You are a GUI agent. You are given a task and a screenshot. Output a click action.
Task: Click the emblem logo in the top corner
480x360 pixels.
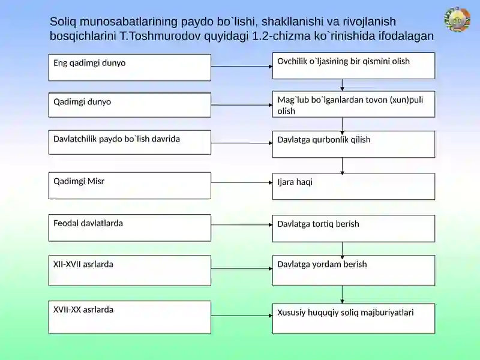(x=457, y=19)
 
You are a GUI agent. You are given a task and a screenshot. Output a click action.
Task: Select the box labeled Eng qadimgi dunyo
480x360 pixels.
(x=130, y=67)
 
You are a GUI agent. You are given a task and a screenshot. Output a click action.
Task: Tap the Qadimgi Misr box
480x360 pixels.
(x=130, y=185)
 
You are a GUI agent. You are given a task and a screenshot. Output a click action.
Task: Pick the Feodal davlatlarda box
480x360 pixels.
(x=130, y=228)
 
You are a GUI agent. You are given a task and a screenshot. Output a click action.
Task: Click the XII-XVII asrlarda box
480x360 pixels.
(x=130, y=271)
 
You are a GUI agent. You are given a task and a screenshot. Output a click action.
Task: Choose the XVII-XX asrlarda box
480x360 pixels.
(x=130, y=317)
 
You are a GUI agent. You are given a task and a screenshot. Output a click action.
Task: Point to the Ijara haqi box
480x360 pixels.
(x=353, y=187)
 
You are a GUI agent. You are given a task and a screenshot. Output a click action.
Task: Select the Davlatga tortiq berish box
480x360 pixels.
(x=353, y=229)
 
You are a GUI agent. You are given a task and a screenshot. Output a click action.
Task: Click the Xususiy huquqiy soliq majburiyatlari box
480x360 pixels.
(x=353, y=319)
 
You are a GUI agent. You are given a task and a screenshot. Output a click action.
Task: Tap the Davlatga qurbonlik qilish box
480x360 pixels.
(x=353, y=144)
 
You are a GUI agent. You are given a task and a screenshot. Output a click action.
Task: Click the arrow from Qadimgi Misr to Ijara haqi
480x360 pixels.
(x=242, y=183)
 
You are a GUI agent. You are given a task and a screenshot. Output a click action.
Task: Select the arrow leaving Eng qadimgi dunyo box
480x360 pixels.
(x=242, y=67)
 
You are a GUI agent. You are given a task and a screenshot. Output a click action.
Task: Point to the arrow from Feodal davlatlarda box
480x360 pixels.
(x=242, y=224)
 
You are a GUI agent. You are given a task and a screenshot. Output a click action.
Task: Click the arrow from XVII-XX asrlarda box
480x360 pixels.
(x=242, y=316)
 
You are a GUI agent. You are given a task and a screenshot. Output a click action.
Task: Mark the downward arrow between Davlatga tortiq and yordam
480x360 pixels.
(x=342, y=248)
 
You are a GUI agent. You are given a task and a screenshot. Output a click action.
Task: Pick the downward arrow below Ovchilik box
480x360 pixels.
(x=342, y=85)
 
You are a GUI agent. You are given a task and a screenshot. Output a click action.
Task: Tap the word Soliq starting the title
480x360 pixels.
(x=63, y=22)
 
